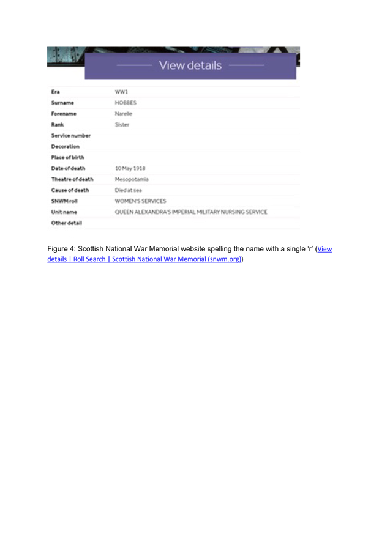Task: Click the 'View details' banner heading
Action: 190,65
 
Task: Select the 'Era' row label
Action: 56,92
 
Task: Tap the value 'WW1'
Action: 121,92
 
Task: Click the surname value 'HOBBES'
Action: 126,103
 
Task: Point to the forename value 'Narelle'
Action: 124,114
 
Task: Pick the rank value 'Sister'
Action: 122,124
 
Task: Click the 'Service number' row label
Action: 70,135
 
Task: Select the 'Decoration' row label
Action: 66,146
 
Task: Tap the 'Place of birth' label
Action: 68,157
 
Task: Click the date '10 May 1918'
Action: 130,168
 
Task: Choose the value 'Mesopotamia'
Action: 132,179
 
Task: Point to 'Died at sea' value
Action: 129,190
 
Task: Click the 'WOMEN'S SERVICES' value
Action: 140,201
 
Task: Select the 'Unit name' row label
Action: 64,212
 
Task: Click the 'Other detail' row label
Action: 67,223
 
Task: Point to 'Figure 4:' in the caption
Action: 62,249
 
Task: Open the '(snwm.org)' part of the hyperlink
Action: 224,259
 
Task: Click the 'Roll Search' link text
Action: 89,259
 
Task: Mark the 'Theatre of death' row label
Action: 72,179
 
